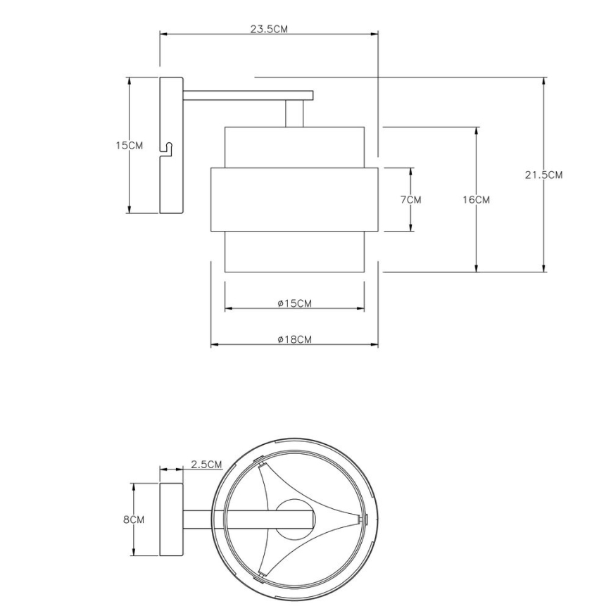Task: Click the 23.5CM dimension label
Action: pos(269,29)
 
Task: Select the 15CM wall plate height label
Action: pos(129,146)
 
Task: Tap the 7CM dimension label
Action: pos(410,200)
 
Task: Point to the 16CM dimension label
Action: pos(477,200)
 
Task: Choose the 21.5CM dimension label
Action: pos(543,175)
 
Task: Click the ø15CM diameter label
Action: pos(294,303)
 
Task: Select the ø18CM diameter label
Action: pos(294,339)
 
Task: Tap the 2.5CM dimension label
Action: pos(206,465)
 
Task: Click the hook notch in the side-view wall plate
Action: pos(168,149)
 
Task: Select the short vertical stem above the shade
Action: pos(294,113)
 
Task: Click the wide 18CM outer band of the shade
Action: pos(294,200)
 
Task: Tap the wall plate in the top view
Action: pos(172,519)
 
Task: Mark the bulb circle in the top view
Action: pos(294,519)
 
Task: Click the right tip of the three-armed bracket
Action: pos(360,520)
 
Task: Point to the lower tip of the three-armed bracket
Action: pos(261,575)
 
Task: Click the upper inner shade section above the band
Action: pos(294,147)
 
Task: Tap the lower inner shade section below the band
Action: pos(294,251)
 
